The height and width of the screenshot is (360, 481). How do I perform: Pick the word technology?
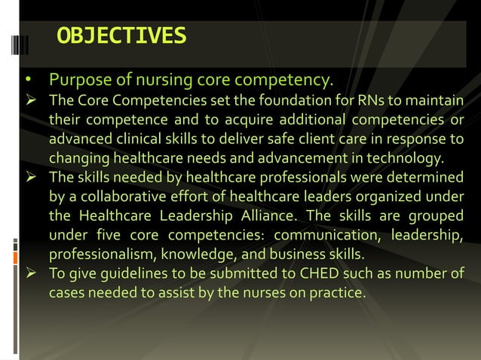(x=408, y=159)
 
